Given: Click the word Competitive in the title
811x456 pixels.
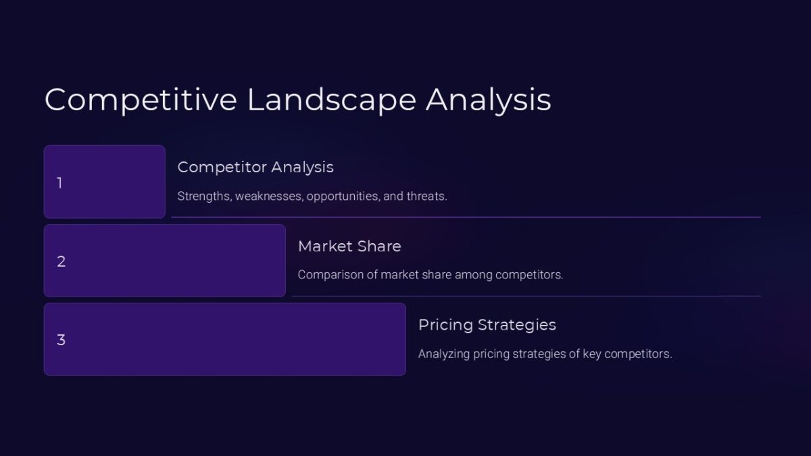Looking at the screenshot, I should click(141, 99).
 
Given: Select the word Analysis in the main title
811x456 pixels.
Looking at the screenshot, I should click(488, 99).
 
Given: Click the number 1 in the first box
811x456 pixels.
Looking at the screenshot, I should click(59, 183).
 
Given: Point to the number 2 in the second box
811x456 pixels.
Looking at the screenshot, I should click(61, 261).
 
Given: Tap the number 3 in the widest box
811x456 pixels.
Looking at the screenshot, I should click(61, 340).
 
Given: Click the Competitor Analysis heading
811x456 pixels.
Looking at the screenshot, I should click(255, 167).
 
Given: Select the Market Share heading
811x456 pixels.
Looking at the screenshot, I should click(349, 246).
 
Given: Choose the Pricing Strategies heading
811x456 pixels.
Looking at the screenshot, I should click(487, 325).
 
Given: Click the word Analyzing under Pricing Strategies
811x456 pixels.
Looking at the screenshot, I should click(445, 354).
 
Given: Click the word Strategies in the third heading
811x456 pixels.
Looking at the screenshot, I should click(518, 325).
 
